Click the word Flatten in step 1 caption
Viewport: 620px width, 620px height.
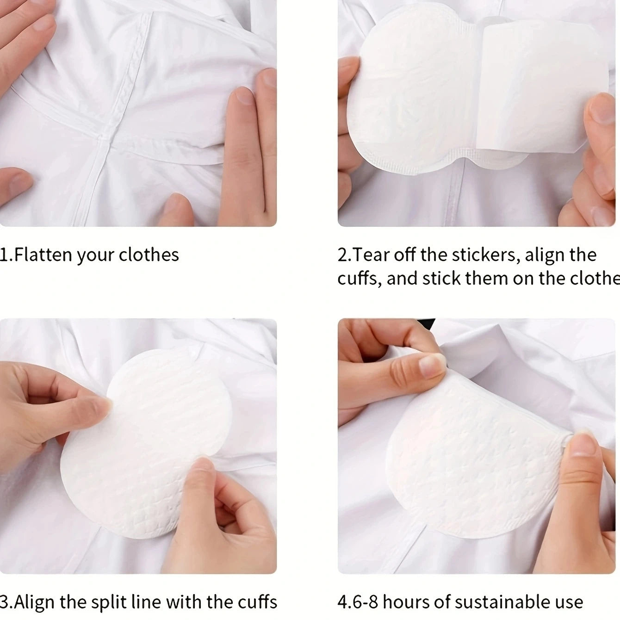(43, 255)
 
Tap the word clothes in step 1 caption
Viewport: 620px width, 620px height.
(149, 255)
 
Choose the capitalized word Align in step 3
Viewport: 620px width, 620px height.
(35, 602)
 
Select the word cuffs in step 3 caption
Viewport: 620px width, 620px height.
(257, 602)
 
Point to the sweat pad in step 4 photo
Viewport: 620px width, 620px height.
(472, 463)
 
